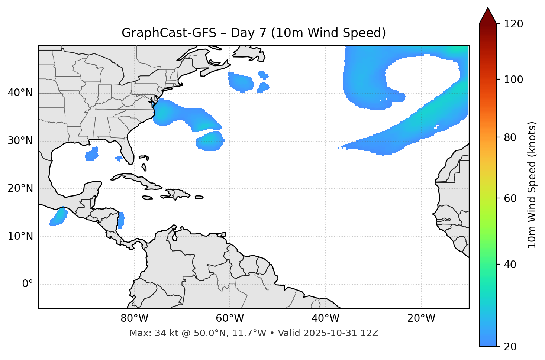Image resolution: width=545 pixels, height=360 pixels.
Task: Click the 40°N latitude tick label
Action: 20,93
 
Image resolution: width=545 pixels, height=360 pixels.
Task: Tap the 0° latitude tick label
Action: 28,284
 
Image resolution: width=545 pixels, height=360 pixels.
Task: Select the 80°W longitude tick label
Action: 134,318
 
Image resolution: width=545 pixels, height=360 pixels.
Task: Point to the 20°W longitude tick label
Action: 421,318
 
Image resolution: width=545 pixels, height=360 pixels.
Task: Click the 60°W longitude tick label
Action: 230,318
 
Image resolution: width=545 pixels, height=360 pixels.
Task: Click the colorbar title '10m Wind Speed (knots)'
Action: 532,185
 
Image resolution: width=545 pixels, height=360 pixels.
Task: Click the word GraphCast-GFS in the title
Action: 169,33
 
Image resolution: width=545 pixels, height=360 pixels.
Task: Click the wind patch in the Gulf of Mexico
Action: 91,154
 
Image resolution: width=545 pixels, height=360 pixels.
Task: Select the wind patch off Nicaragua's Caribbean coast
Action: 121,220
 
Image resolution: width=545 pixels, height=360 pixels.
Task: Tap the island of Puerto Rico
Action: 199,197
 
